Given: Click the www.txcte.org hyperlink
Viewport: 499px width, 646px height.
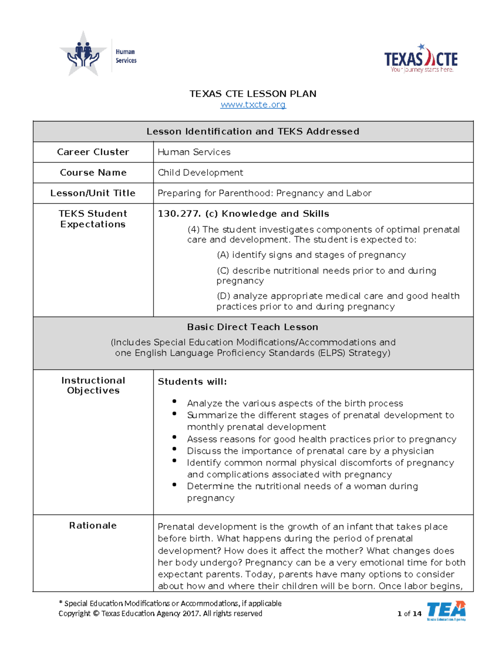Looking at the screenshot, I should (x=253, y=104).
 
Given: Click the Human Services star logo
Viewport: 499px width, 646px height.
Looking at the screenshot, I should (x=84, y=54).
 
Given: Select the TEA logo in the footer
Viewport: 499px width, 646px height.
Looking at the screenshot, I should (x=446, y=611).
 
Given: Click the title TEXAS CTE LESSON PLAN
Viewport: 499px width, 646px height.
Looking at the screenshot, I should (x=253, y=94).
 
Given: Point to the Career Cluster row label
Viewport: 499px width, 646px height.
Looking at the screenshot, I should (x=93, y=152).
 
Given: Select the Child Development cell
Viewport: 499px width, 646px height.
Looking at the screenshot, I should (x=200, y=173).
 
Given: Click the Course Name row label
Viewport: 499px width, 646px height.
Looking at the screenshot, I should (x=93, y=173).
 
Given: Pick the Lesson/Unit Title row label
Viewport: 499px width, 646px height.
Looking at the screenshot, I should (x=93, y=193).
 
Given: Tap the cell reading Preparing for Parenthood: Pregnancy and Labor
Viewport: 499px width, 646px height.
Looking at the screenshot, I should (x=264, y=193).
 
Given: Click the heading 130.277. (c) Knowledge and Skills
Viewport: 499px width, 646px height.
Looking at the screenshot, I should (x=243, y=213).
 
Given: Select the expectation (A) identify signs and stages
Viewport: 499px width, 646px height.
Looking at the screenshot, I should (x=311, y=255).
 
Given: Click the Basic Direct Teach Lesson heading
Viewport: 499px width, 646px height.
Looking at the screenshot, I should (x=253, y=327).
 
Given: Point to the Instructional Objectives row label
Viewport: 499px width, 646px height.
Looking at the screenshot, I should (x=93, y=385).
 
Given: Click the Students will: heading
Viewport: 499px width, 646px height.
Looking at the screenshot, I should (x=192, y=381).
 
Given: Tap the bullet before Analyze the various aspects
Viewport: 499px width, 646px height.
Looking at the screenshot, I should (x=174, y=401).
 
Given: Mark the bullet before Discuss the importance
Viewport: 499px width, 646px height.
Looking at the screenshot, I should (x=174, y=449).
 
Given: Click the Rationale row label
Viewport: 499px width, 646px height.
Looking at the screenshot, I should (x=93, y=525).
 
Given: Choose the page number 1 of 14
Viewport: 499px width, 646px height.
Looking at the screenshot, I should (x=409, y=614).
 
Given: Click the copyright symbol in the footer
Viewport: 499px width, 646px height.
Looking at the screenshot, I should (x=96, y=614).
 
